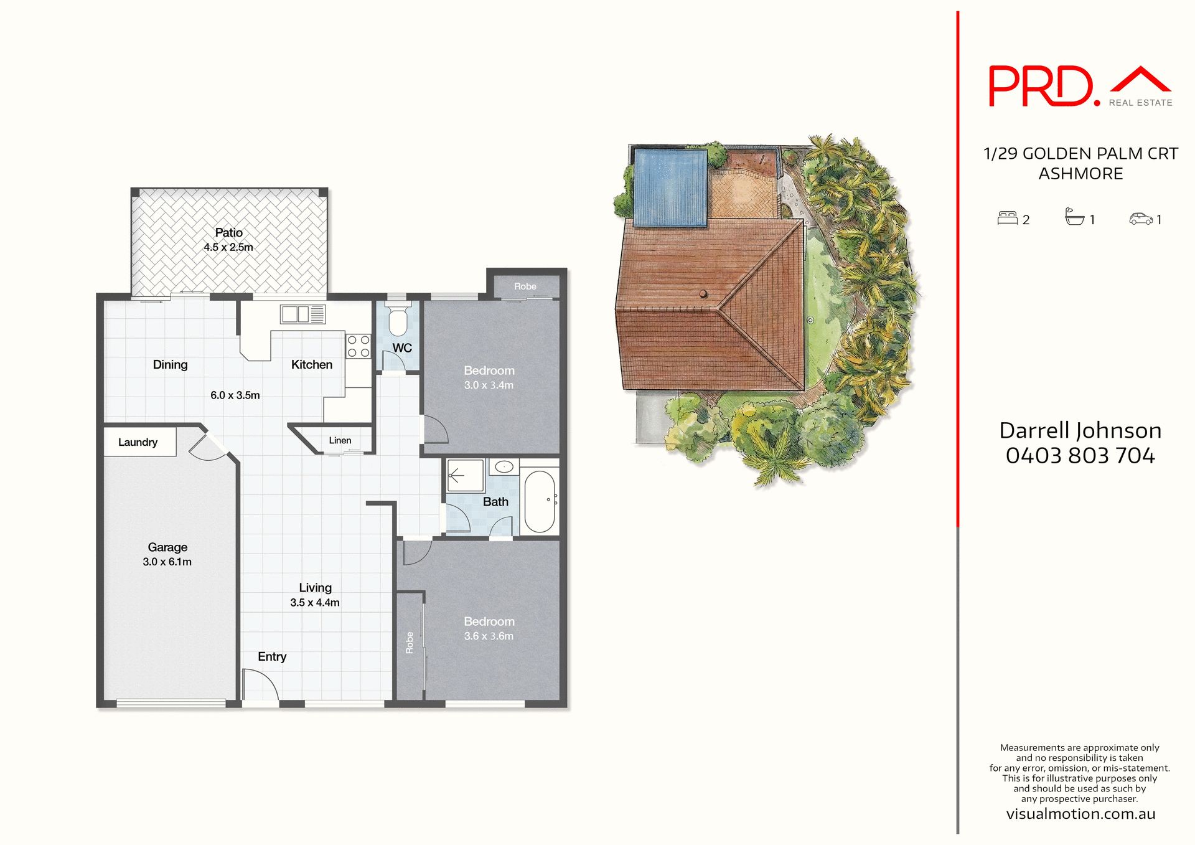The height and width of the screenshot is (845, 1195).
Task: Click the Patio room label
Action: [228, 232]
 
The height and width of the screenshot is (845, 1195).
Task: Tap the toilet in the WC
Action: [398, 321]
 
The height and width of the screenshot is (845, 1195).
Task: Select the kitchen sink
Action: [295, 314]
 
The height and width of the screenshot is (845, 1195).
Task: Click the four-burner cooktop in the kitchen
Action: [358, 346]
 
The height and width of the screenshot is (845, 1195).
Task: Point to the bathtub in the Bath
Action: [540, 501]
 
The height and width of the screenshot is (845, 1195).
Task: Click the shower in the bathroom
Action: [465, 476]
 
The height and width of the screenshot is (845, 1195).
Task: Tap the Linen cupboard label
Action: [340, 440]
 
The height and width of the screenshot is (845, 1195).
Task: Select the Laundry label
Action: [138, 442]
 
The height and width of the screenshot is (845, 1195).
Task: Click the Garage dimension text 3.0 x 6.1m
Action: [167, 562]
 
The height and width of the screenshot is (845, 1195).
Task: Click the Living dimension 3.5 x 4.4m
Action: [314, 603]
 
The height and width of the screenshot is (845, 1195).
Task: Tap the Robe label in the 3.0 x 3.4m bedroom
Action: [525, 286]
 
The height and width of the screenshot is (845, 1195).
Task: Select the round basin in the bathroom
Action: [504, 467]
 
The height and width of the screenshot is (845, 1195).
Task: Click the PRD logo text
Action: [1040, 87]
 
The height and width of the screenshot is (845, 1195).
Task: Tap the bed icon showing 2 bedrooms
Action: [1007, 218]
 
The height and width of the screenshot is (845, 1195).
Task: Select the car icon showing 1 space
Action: [1141, 219]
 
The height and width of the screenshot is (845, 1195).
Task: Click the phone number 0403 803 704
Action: [1080, 456]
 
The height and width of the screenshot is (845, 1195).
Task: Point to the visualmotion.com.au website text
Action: [1080, 814]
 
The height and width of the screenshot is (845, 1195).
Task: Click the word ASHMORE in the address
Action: [1080, 174]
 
